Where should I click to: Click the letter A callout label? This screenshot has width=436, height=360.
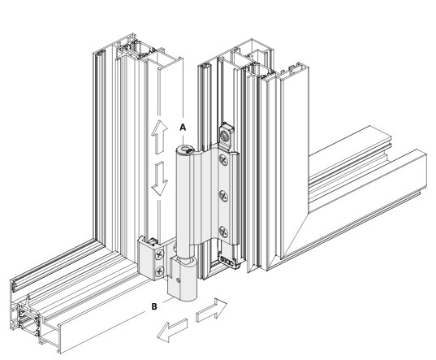[183, 127]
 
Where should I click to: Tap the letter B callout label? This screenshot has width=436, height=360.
[154, 306]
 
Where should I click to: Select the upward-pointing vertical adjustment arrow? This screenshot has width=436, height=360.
[159, 137]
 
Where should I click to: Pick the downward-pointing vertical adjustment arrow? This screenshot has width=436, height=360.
[159, 179]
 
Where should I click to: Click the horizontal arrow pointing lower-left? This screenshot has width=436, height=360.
[172, 330]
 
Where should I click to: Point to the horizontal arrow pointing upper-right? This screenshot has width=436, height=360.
[212, 310]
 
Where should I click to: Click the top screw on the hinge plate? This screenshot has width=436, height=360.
[223, 160]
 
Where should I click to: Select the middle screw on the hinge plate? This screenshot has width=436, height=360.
[223, 196]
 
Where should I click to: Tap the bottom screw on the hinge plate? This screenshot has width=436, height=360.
[223, 232]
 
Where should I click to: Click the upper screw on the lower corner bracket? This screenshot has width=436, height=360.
[159, 254]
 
